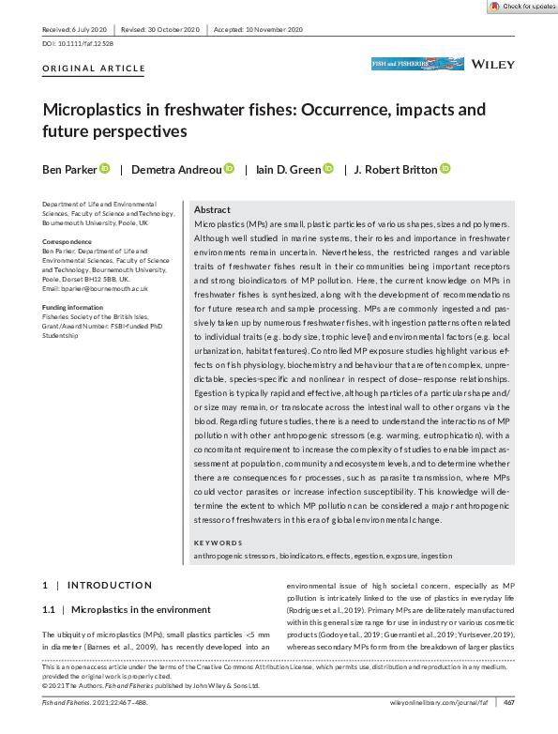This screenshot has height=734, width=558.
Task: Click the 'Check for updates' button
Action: tap(522, 7)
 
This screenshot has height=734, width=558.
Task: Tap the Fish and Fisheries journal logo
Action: tap(405, 65)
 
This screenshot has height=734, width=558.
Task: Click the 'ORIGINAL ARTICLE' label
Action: tap(94, 69)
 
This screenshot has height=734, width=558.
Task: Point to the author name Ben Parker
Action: tap(68, 169)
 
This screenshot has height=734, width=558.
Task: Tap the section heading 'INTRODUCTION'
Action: tap(109, 585)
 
